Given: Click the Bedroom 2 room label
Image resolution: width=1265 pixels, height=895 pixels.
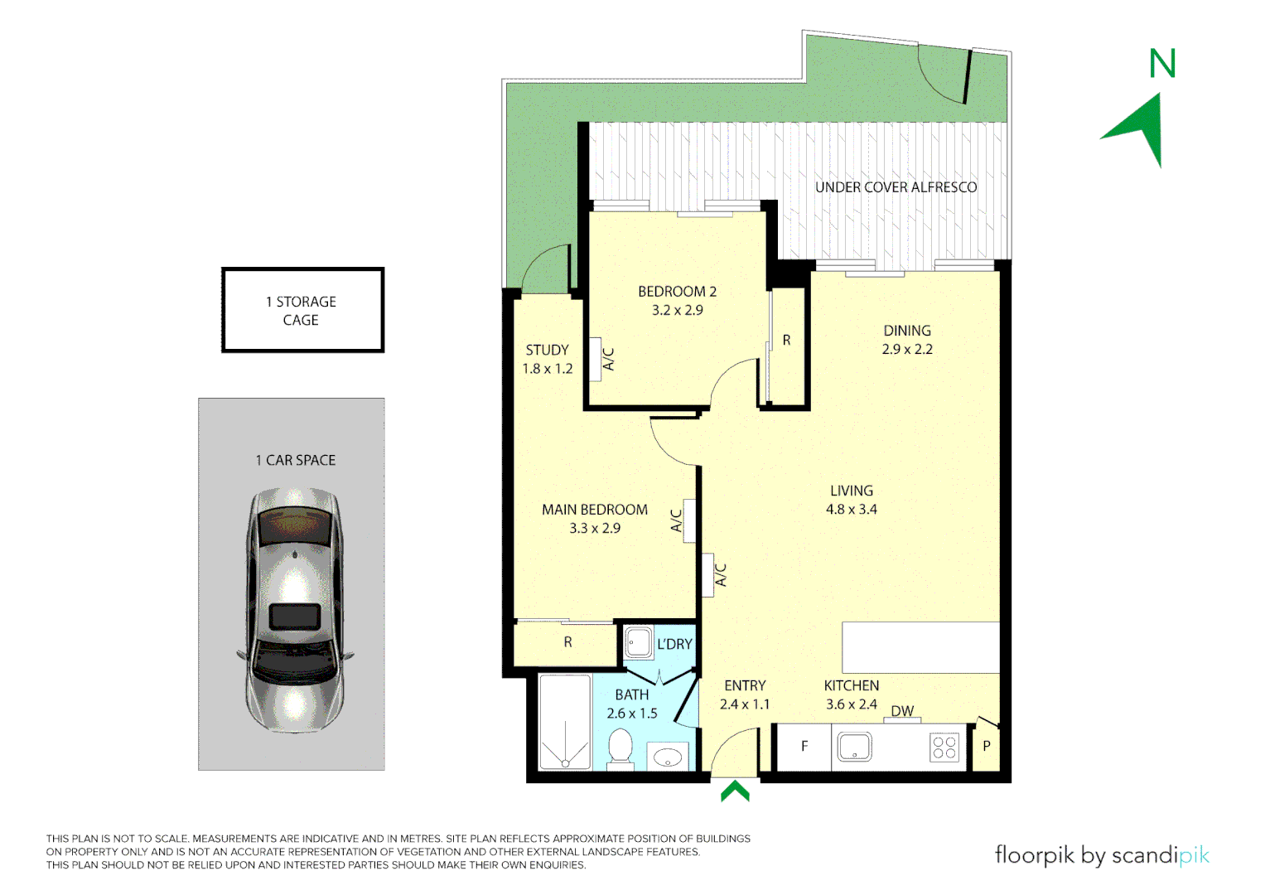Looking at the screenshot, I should (x=677, y=292).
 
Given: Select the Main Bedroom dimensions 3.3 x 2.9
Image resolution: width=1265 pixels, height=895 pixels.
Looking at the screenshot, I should (x=594, y=529).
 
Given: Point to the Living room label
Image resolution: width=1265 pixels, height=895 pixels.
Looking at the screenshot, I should (x=851, y=491).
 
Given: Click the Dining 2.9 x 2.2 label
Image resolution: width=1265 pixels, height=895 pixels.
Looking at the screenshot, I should (x=906, y=340).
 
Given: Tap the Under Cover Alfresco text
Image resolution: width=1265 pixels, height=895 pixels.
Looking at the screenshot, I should (x=896, y=187).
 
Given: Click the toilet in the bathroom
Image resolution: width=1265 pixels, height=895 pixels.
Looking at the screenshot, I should (x=620, y=749).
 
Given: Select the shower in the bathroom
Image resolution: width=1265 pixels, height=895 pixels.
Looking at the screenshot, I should (x=564, y=723).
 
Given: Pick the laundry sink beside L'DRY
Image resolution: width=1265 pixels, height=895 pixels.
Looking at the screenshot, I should (x=638, y=642).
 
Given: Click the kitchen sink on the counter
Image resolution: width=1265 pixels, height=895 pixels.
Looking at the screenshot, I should (x=854, y=747).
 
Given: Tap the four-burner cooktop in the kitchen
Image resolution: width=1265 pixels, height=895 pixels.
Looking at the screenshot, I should (x=944, y=747).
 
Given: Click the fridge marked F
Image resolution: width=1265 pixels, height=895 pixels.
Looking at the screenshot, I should (x=804, y=747).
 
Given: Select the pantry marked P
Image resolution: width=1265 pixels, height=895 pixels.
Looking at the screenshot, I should (x=986, y=747).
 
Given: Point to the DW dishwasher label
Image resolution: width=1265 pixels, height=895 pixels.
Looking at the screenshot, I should (x=902, y=711).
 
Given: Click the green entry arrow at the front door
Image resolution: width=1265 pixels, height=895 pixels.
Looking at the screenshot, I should (x=735, y=792).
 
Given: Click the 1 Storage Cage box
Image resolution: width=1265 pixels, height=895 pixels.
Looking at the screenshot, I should (x=302, y=311).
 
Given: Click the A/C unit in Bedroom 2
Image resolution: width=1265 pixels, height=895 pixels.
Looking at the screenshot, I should (x=595, y=360).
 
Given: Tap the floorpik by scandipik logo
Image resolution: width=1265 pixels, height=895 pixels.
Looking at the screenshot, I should (x=1101, y=855).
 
